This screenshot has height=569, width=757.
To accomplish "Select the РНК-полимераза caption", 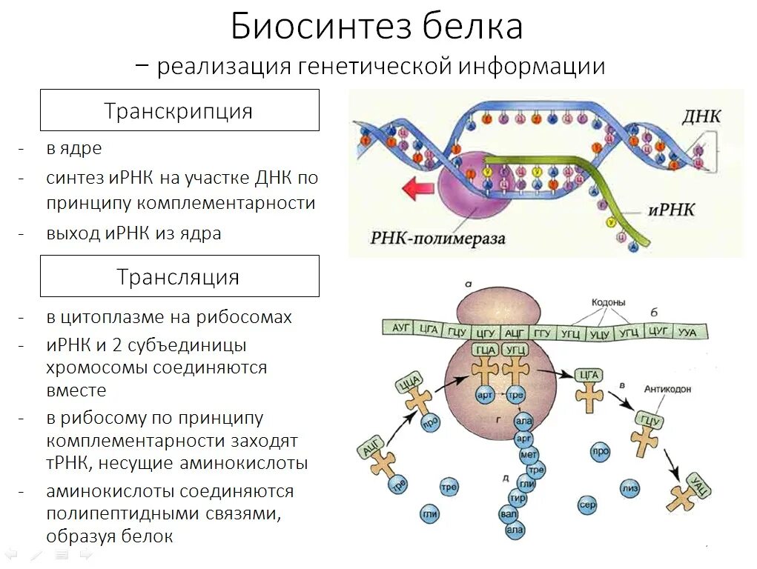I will pyautogui.click(x=438, y=239).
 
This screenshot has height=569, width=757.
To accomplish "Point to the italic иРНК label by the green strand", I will pyautogui.click(x=671, y=210).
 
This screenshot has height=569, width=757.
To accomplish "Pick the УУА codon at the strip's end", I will pyautogui.click(x=687, y=332).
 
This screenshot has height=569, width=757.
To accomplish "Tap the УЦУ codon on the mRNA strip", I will pyautogui.click(x=599, y=333).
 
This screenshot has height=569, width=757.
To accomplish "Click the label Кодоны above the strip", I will pyautogui.click(x=608, y=303).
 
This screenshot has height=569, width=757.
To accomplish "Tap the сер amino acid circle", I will pyautogui.click(x=587, y=505).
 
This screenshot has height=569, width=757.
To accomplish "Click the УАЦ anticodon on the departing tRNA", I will pyautogui.click(x=699, y=482).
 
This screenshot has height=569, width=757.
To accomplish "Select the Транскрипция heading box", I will pyautogui.click(x=179, y=111).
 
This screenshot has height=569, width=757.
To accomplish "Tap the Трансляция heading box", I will pyautogui.click(x=179, y=277).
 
